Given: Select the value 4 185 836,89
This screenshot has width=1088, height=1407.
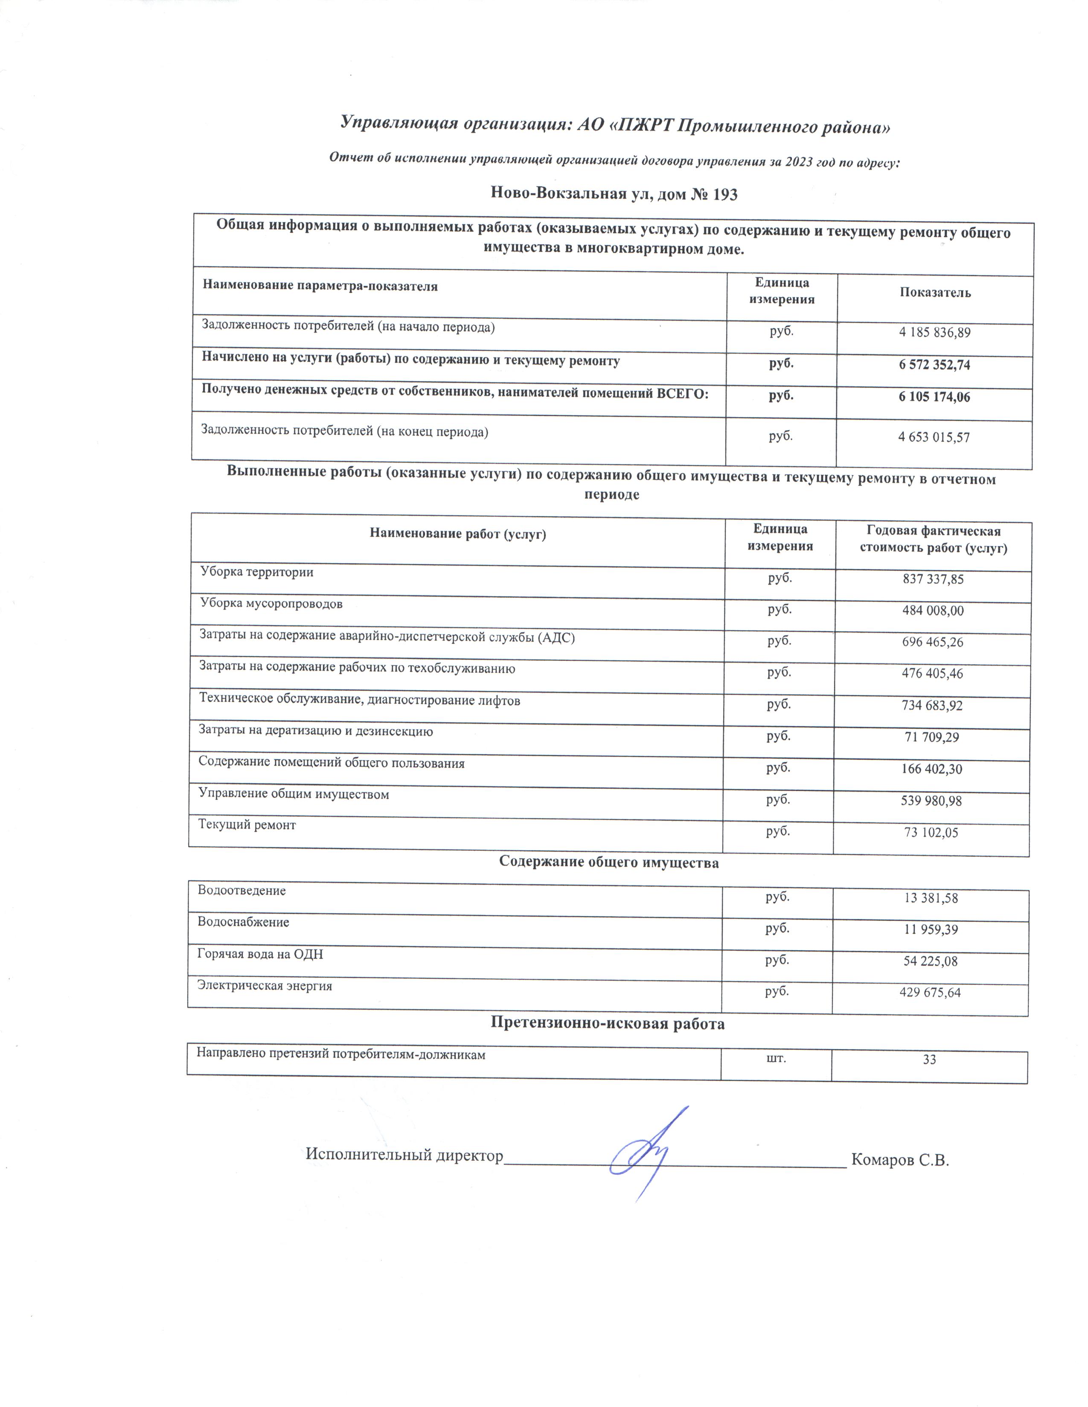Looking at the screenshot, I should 934,333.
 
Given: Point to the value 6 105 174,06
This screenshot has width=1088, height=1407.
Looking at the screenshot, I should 934,397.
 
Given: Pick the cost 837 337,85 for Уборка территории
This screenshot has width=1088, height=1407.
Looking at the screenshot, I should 933,579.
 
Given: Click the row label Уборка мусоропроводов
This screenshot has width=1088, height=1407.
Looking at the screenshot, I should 271,604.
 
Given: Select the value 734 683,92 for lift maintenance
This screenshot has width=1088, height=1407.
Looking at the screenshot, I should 932,706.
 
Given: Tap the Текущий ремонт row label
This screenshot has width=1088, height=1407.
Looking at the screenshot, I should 247,825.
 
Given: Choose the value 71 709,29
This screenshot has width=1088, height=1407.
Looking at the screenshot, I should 932,737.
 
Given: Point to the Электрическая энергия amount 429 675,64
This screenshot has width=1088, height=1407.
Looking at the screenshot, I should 930,993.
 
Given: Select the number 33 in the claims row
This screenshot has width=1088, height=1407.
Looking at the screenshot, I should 929,1060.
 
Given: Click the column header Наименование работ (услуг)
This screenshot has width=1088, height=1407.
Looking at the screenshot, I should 458,534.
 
